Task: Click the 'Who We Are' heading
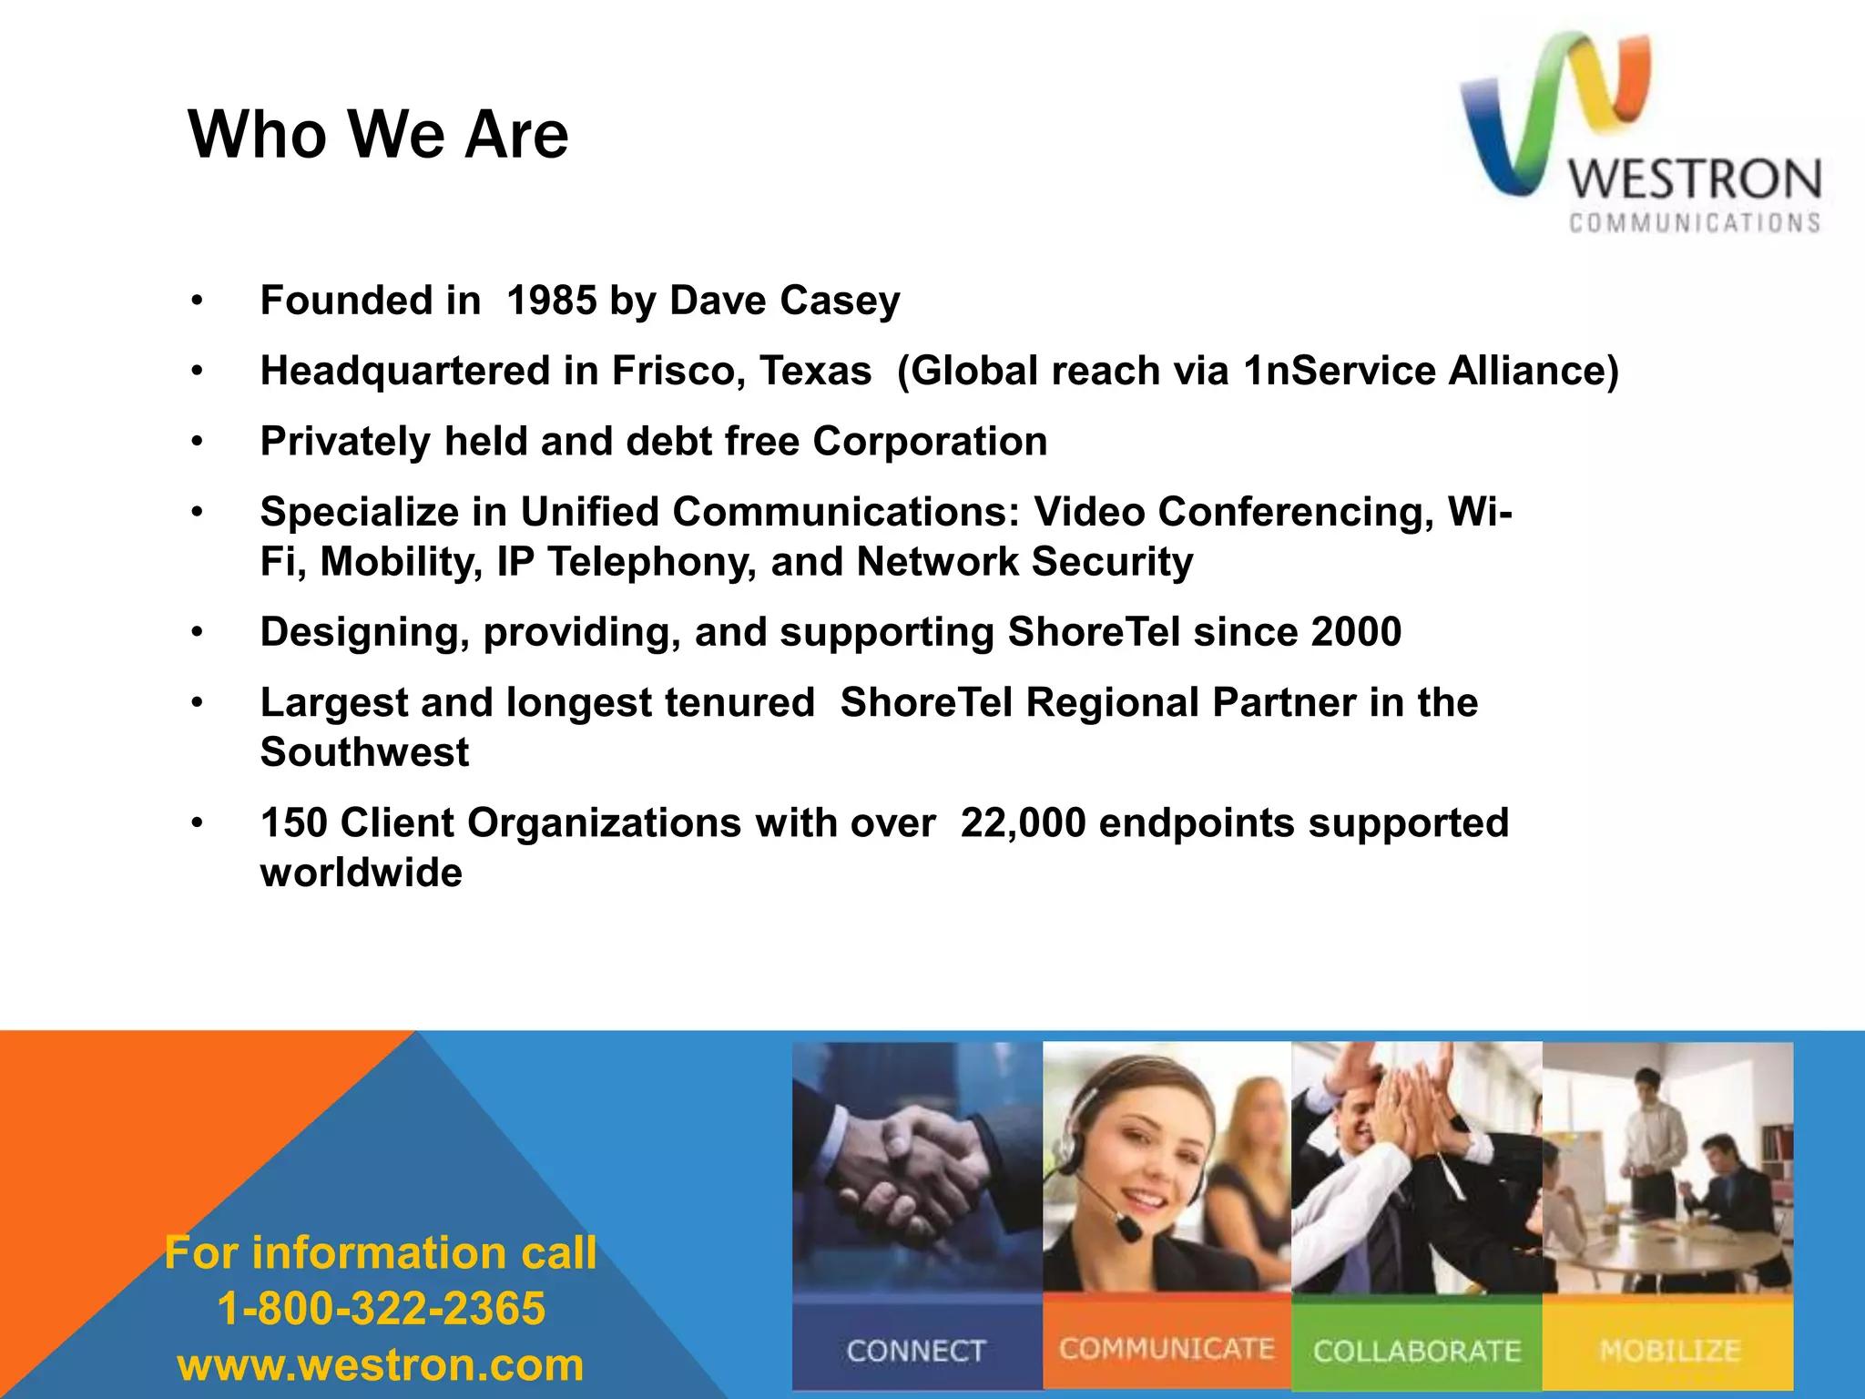pos(378,135)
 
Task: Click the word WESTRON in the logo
pos(1695,179)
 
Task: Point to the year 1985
pos(551,301)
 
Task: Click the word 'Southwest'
pos(364,752)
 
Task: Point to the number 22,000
pos(1023,823)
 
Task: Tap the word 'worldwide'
pos(362,873)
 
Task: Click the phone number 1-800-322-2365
pos(381,1309)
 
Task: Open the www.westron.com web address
pos(381,1364)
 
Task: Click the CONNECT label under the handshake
pos(916,1351)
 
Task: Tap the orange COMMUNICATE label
pos(1167,1349)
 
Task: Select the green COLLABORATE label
pos(1417,1351)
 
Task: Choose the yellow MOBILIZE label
pos(1669,1350)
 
